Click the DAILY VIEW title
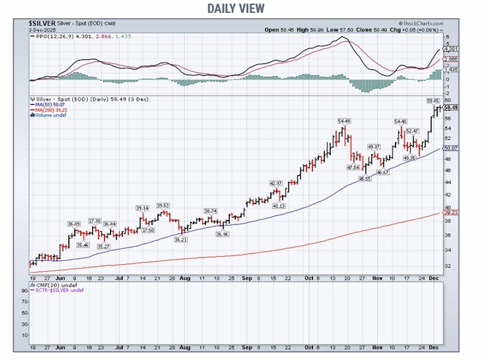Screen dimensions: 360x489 [236, 8]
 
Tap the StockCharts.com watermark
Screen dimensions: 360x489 [420, 23]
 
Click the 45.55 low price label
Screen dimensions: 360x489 [362, 180]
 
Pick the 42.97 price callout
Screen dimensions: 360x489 [276, 183]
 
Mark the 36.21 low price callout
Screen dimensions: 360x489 [181, 240]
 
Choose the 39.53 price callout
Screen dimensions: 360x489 [164, 205]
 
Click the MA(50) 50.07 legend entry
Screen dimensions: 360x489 [47, 104]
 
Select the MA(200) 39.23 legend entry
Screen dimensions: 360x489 [48, 110]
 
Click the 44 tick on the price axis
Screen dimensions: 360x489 [446, 182]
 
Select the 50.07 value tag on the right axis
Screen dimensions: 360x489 [450, 148]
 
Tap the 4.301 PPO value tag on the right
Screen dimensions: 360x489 [449, 49]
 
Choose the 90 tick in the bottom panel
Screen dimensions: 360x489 [24, 290]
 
